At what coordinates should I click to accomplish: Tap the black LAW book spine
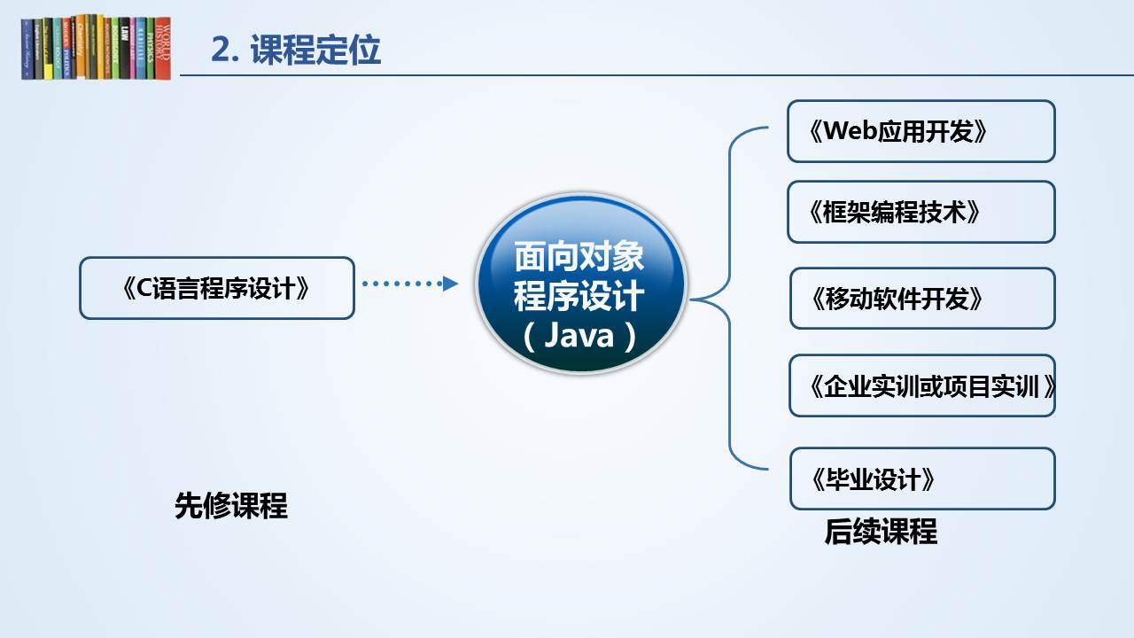click(125, 49)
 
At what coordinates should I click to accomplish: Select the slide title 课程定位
click(315, 50)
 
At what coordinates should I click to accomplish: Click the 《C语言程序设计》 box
click(217, 288)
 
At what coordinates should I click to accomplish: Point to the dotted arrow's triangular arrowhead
click(450, 284)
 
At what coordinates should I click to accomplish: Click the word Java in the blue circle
click(579, 335)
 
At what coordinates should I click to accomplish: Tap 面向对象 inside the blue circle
click(579, 256)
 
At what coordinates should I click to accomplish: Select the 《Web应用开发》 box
click(920, 131)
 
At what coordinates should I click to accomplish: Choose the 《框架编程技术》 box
click(920, 212)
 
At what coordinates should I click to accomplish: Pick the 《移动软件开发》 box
click(922, 299)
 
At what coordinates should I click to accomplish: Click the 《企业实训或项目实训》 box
click(922, 385)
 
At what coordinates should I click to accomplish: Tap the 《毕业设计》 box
click(922, 478)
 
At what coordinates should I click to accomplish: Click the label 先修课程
click(231, 505)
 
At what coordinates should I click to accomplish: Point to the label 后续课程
click(881, 532)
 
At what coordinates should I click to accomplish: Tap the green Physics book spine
click(151, 49)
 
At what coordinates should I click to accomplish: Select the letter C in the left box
click(144, 289)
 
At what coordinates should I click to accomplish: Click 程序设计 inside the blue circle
click(579, 296)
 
